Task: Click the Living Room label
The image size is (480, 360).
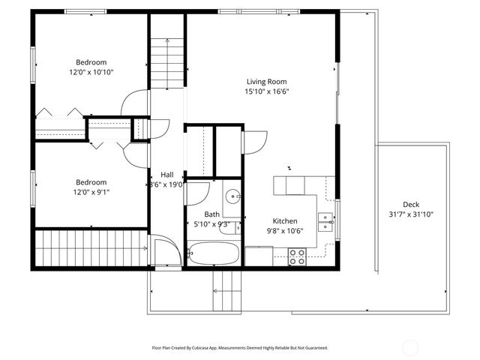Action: (267, 82)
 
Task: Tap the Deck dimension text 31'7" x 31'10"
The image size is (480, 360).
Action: (410, 214)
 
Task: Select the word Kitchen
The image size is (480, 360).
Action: (285, 221)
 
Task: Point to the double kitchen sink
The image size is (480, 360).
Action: (325, 221)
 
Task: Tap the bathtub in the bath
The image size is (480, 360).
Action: (213, 253)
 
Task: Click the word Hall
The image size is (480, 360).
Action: (166, 174)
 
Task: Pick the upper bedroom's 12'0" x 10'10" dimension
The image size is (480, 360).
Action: (91, 72)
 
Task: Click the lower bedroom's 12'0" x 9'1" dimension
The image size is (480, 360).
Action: (91, 192)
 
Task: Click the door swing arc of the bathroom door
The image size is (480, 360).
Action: (195, 194)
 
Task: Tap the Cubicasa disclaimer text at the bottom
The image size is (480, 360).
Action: (239, 348)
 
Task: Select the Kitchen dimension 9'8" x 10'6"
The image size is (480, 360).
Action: (285, 231)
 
